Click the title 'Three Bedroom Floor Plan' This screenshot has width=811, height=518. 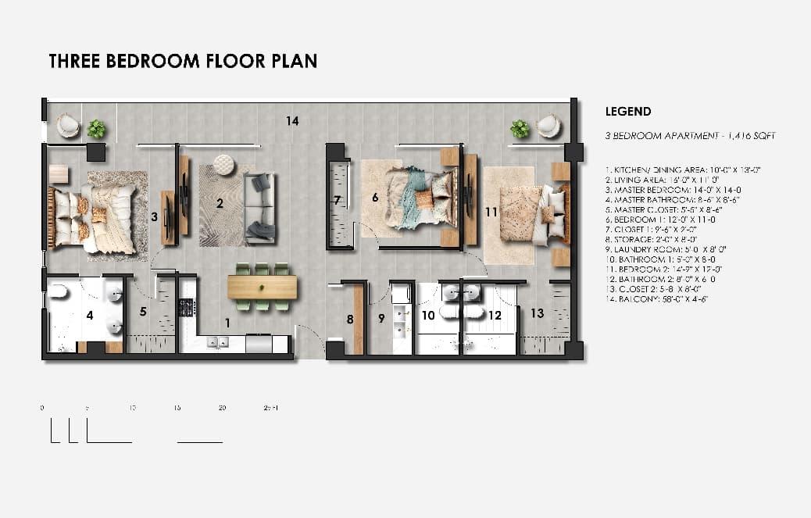183,61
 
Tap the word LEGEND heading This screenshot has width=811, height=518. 628,112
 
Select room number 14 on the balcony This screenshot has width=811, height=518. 292,121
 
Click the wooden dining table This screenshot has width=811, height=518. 263,288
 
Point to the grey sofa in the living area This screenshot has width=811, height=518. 259,205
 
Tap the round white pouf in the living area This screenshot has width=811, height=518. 224,164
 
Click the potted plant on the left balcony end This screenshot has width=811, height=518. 96,128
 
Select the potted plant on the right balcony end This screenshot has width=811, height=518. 520,128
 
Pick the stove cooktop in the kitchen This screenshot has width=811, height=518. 188,308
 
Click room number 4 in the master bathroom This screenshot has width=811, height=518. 90,316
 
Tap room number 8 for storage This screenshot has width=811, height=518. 350,319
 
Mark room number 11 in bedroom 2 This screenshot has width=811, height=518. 491,211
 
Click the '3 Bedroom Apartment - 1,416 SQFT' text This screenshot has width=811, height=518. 690,136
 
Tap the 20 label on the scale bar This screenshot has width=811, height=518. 222,408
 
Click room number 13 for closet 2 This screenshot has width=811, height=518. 537,313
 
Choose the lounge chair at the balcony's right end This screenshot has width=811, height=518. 548,126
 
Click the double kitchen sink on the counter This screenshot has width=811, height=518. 216,341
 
